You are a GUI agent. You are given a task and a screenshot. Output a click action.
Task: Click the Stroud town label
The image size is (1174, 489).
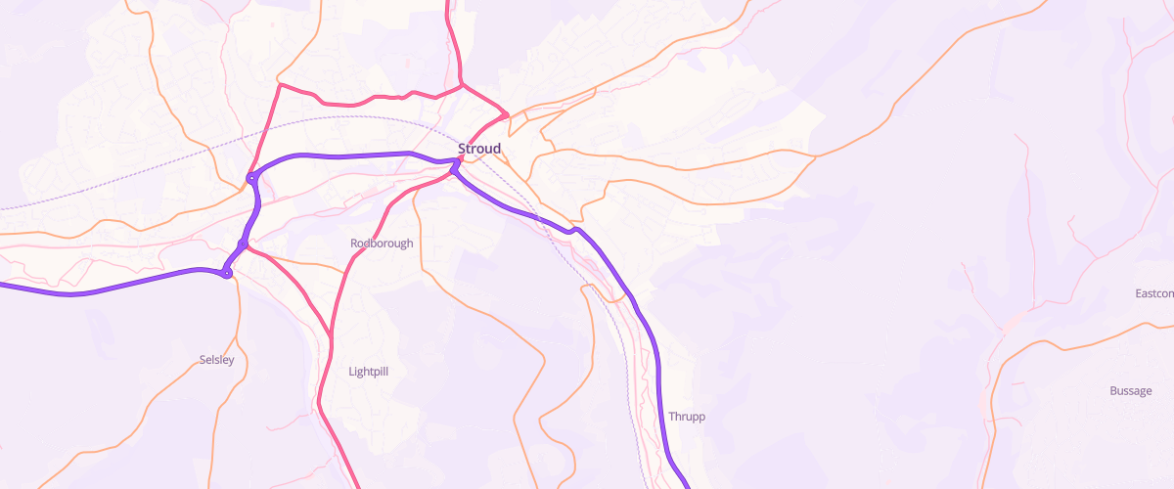[479, 149]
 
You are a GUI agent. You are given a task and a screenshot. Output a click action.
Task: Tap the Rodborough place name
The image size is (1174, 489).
[382, 243]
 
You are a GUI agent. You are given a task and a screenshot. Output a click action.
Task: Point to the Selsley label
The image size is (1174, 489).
[216, 360]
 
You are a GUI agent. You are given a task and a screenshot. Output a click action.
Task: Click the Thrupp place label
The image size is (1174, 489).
[687, 417]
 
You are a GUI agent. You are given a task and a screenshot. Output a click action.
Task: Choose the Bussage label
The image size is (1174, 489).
[1130, 391]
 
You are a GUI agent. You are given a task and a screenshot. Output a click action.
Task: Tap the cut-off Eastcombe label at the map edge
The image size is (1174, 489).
[1154, 293]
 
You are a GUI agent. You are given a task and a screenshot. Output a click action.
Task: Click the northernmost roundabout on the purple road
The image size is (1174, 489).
[252, 178]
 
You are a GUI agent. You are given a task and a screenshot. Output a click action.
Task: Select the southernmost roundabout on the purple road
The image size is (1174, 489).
[227, 273]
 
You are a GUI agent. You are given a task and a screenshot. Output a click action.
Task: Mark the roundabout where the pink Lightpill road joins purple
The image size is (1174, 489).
[242, 244]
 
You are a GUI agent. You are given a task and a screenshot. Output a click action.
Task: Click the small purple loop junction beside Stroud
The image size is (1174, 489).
[455, 168]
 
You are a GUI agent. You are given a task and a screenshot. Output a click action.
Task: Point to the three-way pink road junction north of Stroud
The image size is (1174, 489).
[461, 85]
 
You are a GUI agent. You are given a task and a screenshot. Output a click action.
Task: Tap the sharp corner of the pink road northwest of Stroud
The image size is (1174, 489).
[281, 85]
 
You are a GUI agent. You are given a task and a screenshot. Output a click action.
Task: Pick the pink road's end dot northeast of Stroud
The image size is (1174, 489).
[505, 114]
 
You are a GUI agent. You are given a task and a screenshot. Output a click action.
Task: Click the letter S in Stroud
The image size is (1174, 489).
[462, 149]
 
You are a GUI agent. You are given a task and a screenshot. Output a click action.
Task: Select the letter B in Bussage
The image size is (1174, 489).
[1113, 391]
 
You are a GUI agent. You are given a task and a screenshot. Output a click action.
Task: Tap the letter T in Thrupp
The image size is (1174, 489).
[672, 417]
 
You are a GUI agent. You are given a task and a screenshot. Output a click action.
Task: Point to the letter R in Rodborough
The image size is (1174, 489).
[354, 243]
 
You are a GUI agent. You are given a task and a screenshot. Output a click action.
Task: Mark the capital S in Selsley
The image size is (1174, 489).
[202, 360]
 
